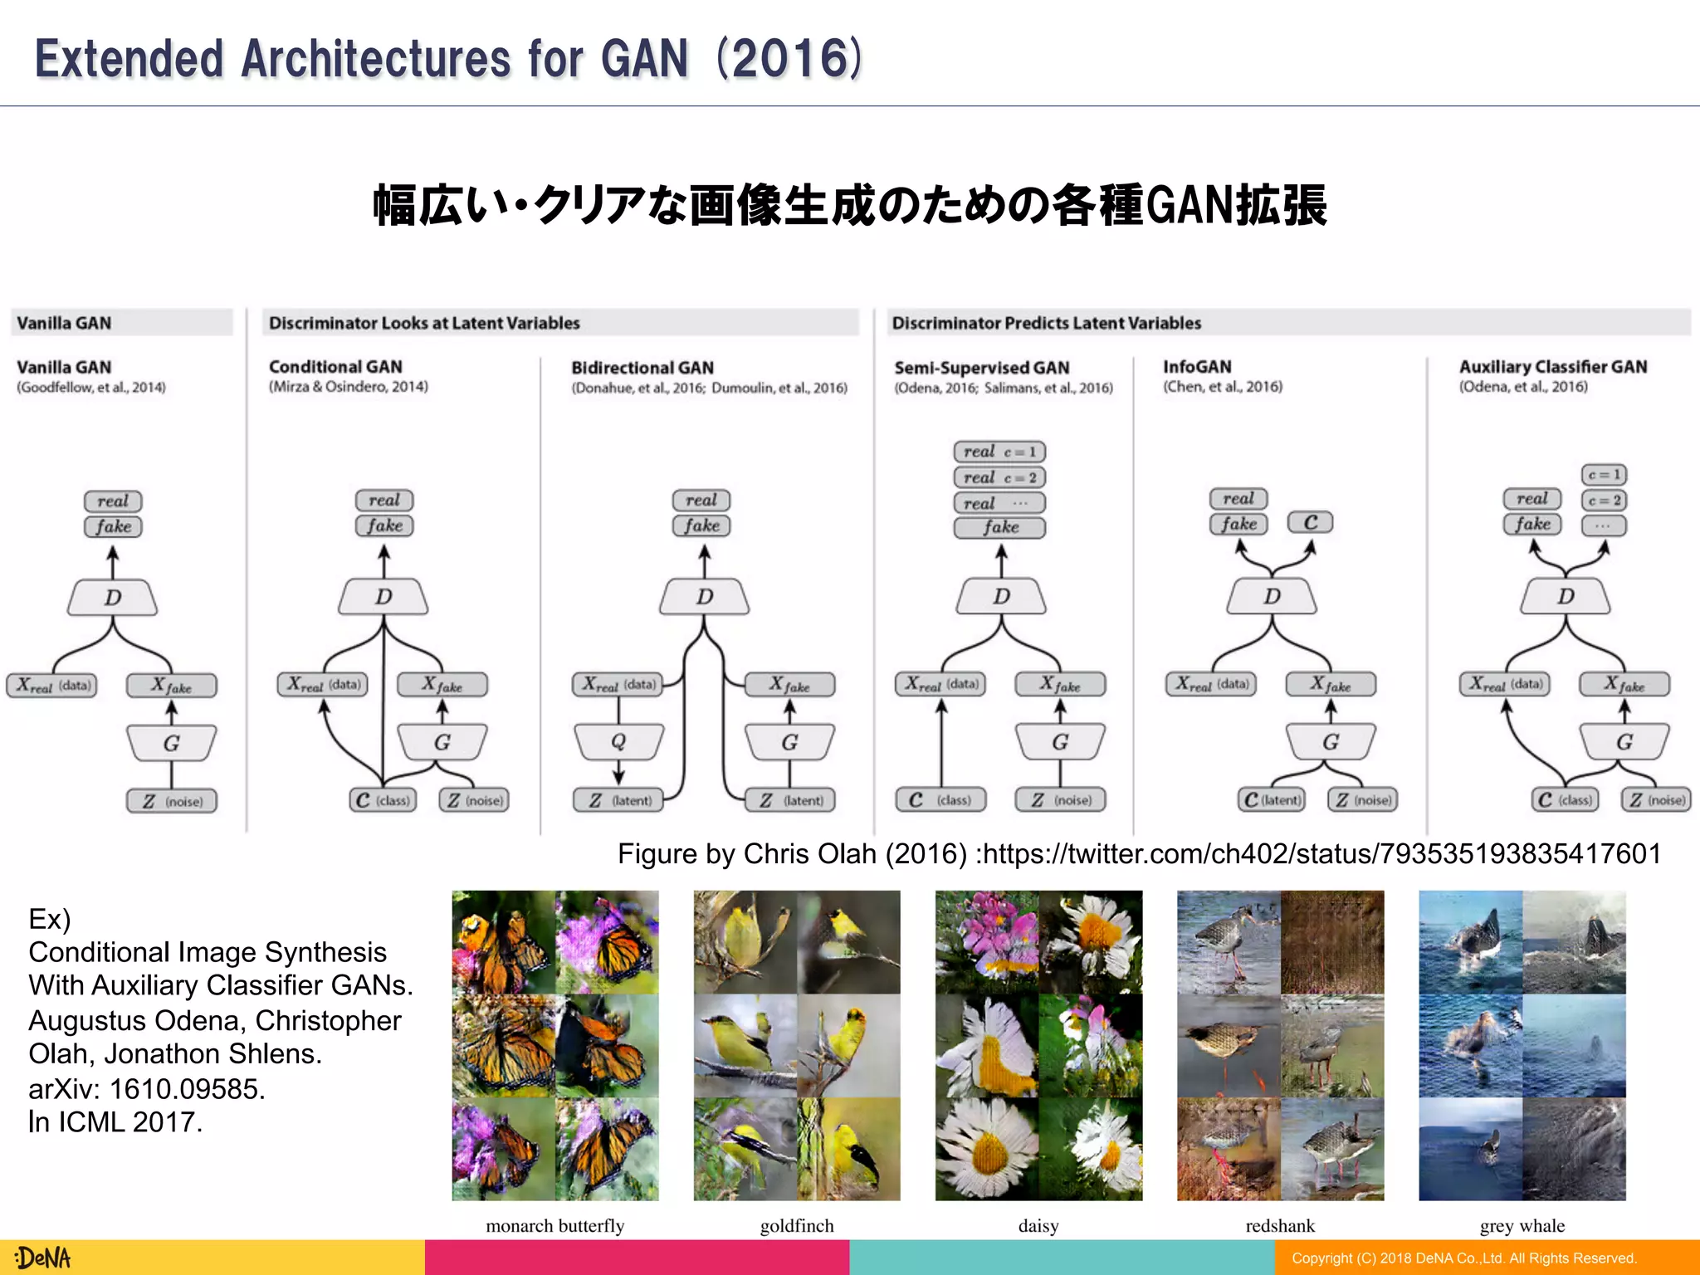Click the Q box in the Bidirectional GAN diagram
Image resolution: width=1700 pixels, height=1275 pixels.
(x=618, y=741)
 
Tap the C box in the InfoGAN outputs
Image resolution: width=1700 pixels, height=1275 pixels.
(x=1310, y=522)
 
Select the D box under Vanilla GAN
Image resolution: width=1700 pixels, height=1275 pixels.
(x=113, y=598)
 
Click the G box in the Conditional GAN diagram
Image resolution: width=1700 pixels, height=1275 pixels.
(x=442, y=742)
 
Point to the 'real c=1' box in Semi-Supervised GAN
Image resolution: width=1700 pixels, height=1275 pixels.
(x=999, y=452)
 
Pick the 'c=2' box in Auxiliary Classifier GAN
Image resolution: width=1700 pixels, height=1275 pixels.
(x=1604, y=501)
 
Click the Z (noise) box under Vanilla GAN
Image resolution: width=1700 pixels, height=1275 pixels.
(x=172, y=801)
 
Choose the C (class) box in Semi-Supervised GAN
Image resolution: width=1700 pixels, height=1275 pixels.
(x=940, y=800)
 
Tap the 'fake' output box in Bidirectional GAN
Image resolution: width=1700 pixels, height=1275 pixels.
(x=701, y=525)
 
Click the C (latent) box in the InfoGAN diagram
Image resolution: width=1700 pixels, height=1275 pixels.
(x=1271, y=800)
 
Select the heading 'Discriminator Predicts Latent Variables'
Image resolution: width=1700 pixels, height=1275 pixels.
(x=1046, y=323)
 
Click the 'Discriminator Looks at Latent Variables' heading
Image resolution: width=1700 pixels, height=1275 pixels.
(x=424, y=323)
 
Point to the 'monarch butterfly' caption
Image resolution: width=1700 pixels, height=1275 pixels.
(x=554, y=1226)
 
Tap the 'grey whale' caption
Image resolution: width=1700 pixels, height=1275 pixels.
(x=1522, y=1226)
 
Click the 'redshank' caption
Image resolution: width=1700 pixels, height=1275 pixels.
(x=1280, y=1226)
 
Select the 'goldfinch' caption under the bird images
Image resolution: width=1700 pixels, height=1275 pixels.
(x=797, y=1226)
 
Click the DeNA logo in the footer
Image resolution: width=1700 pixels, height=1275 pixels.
(x=43, y=1258)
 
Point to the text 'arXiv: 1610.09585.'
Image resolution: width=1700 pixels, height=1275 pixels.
(x=147, y=1088)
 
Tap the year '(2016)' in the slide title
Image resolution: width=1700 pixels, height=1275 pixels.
(x=789, y=59)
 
